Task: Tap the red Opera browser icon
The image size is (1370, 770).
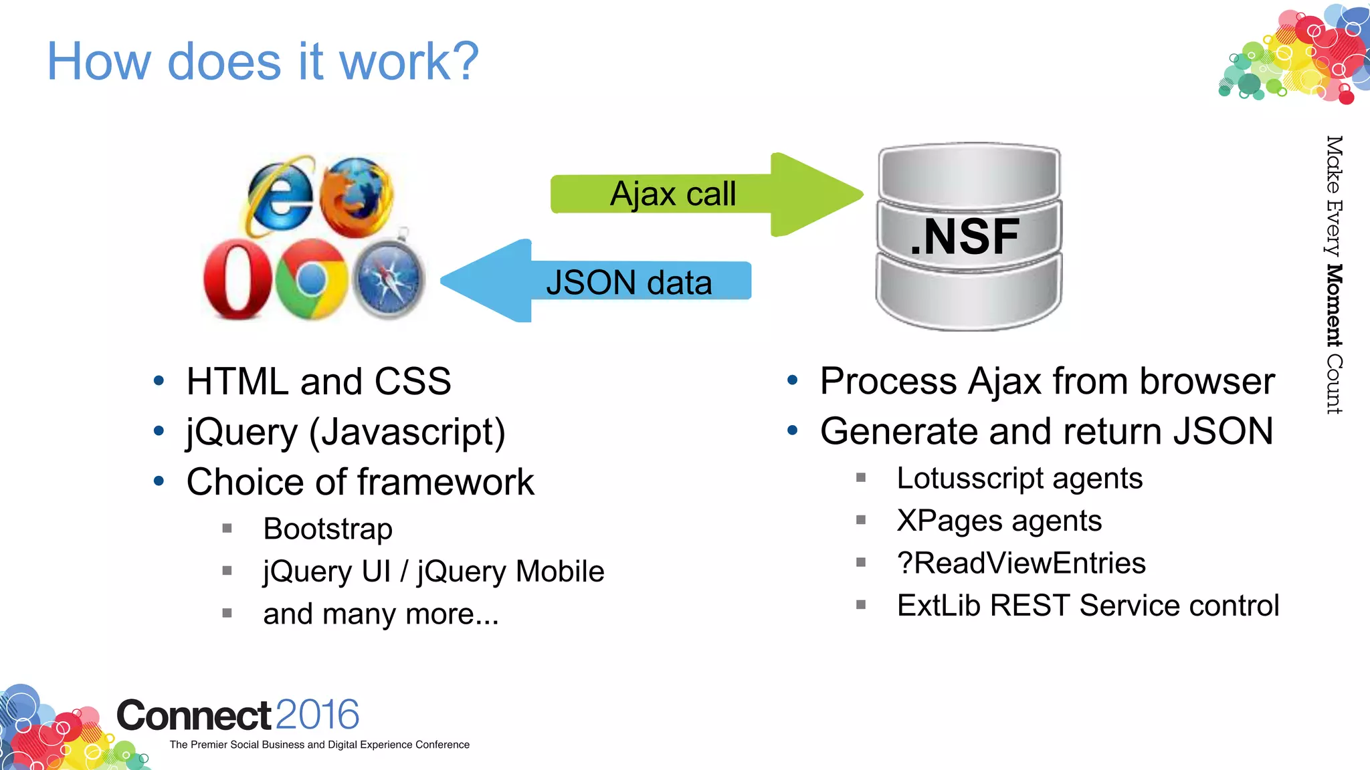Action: click(237, 279)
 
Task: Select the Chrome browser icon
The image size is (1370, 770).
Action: click(311, 279)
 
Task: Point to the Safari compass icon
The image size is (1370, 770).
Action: click(389, 279)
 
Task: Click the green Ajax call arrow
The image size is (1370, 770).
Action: click(702, 195)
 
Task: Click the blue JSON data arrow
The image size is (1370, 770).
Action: click(602, 281)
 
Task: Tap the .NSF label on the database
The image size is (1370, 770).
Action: click(965, 237)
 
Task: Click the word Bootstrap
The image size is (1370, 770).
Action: click(328, 529)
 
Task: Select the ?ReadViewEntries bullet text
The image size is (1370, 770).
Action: click(1021, 563)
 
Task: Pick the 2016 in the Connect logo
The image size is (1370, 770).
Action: click(317, 715)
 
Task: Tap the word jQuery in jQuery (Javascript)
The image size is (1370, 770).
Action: click(241, 432)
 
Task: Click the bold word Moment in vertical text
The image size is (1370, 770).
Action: click(1334, 305)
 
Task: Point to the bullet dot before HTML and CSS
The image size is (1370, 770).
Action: click(159, 381)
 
